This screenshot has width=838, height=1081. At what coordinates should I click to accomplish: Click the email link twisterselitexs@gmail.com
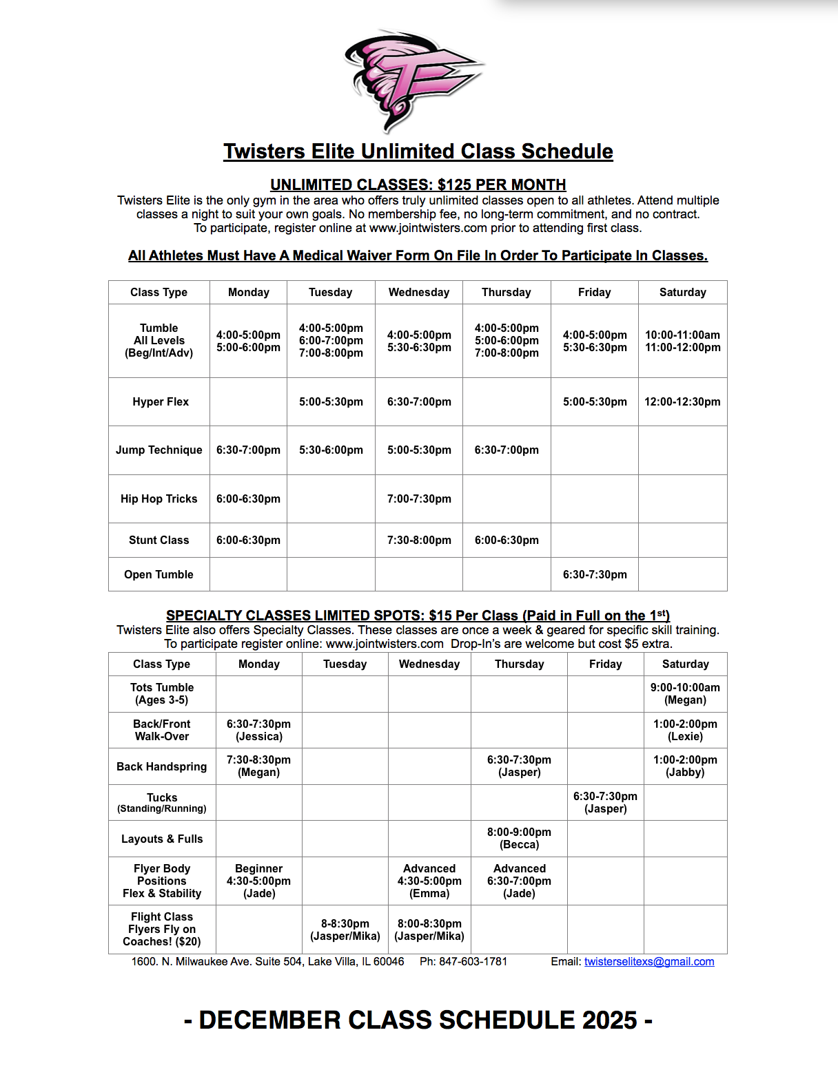(648, 961)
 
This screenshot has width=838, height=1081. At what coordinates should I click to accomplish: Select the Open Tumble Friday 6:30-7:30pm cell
(595, 574)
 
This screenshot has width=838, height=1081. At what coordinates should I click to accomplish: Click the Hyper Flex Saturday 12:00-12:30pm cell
(682, 401)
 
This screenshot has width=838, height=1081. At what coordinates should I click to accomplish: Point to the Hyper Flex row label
(160, 401)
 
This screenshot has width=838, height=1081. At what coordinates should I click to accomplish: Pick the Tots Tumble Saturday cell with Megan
(685, 693)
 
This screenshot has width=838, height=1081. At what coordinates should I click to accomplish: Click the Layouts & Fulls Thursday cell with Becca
(519, 838)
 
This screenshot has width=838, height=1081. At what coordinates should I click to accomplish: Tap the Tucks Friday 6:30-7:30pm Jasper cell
(605, 802)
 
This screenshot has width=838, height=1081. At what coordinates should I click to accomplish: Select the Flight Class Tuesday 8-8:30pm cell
(345, 930)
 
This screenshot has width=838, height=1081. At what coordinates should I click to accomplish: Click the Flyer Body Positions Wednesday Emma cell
(429, 881)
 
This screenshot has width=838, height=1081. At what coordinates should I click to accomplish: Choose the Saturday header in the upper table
(682, 292)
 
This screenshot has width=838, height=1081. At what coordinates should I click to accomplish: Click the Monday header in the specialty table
(258, 664)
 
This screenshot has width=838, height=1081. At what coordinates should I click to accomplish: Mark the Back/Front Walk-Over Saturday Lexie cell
(685, 730)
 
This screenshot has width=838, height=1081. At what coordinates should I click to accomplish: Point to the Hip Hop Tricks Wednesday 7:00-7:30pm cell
(419, 498)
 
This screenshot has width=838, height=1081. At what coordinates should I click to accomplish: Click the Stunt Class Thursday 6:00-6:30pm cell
(507, 540)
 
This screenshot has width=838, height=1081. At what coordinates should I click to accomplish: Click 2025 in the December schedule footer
(609, 1020)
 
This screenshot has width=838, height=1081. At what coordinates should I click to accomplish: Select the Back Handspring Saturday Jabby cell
(685, 766)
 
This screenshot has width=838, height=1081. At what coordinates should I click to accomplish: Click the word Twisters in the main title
(264, 151)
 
